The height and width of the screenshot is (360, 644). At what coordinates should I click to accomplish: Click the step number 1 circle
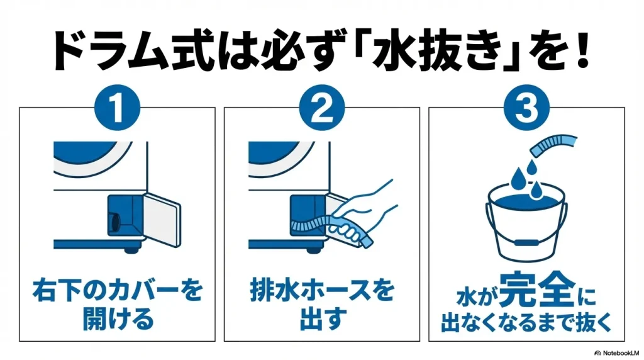pyautogui.click(x=118, y=108)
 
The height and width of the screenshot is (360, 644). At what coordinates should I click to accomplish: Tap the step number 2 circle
pyautogui.click(x=321, y=108)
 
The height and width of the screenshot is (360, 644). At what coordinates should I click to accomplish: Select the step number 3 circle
pyautogui.click(x=526, y=108)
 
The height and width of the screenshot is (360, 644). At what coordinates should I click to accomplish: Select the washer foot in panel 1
pyautogui.click(x=131, y=250)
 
